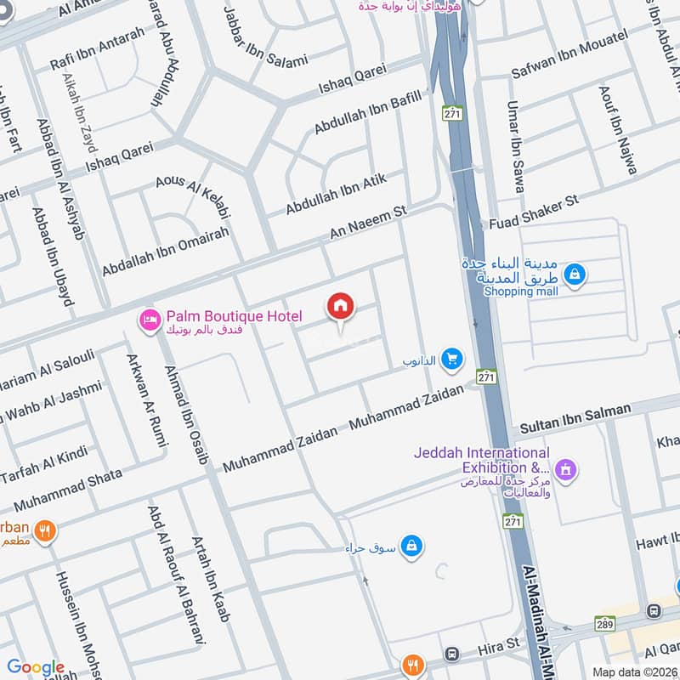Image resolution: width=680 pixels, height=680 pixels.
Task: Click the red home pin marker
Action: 341,307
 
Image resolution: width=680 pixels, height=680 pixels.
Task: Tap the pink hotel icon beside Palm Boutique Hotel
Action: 149,319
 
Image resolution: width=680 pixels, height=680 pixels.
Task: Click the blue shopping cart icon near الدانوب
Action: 451,360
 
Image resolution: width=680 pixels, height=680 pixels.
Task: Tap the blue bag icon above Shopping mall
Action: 575,274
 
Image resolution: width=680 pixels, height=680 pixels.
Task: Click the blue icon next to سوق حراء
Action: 411,546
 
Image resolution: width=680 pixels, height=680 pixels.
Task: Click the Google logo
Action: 35,667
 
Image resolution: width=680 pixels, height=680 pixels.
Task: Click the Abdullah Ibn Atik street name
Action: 337,195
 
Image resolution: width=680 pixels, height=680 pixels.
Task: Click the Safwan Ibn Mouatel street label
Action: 569,53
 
